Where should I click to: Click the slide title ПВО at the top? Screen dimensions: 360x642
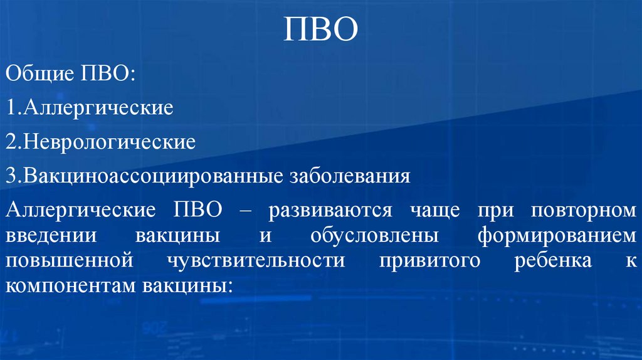pyautogui.click(x=320, y=29)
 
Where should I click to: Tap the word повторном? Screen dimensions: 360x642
pyautogui.click(x=584, y=210)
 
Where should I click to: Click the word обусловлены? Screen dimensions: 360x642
pyautogui.click(x=367, y=237)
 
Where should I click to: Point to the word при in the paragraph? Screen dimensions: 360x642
pyautogui.click(x=493, y=210)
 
